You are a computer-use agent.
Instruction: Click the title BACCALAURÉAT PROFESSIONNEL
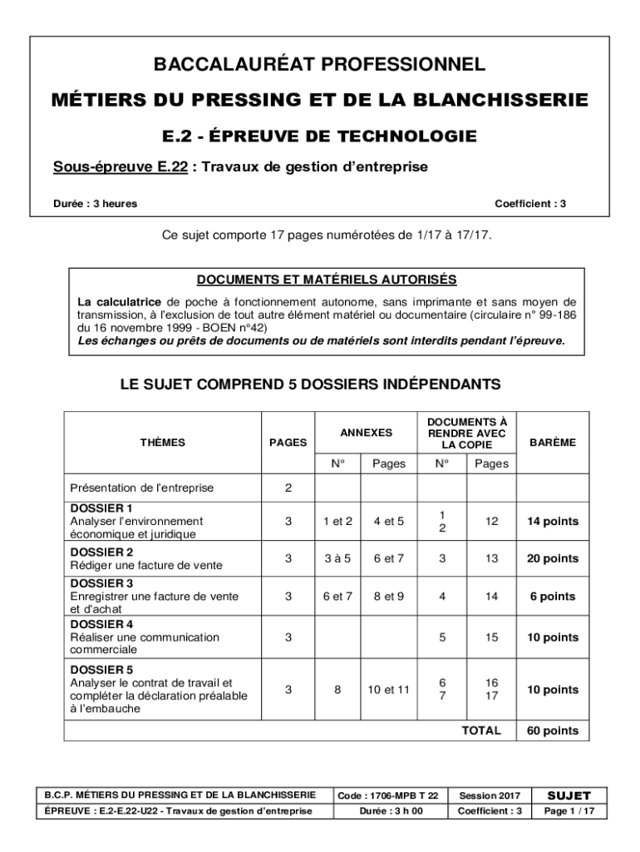[320, 64]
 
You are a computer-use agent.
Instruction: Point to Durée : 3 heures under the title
[96, 203]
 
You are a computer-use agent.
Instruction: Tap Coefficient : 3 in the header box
[530, 203]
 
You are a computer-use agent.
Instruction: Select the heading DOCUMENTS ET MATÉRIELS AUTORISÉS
[327, 279]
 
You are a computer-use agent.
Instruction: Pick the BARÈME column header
[552, 443]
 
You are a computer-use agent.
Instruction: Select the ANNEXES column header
[366, 433]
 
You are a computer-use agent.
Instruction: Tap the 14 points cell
[552, 522]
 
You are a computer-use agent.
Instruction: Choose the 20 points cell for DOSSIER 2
[552, 559]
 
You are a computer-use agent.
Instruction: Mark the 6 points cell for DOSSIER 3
[552, 597]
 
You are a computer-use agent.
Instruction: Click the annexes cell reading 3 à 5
[337, 559]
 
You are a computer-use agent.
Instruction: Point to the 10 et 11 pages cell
[388, 690]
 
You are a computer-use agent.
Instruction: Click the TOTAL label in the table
[481, 731]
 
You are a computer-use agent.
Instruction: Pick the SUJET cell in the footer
[569, 795]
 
